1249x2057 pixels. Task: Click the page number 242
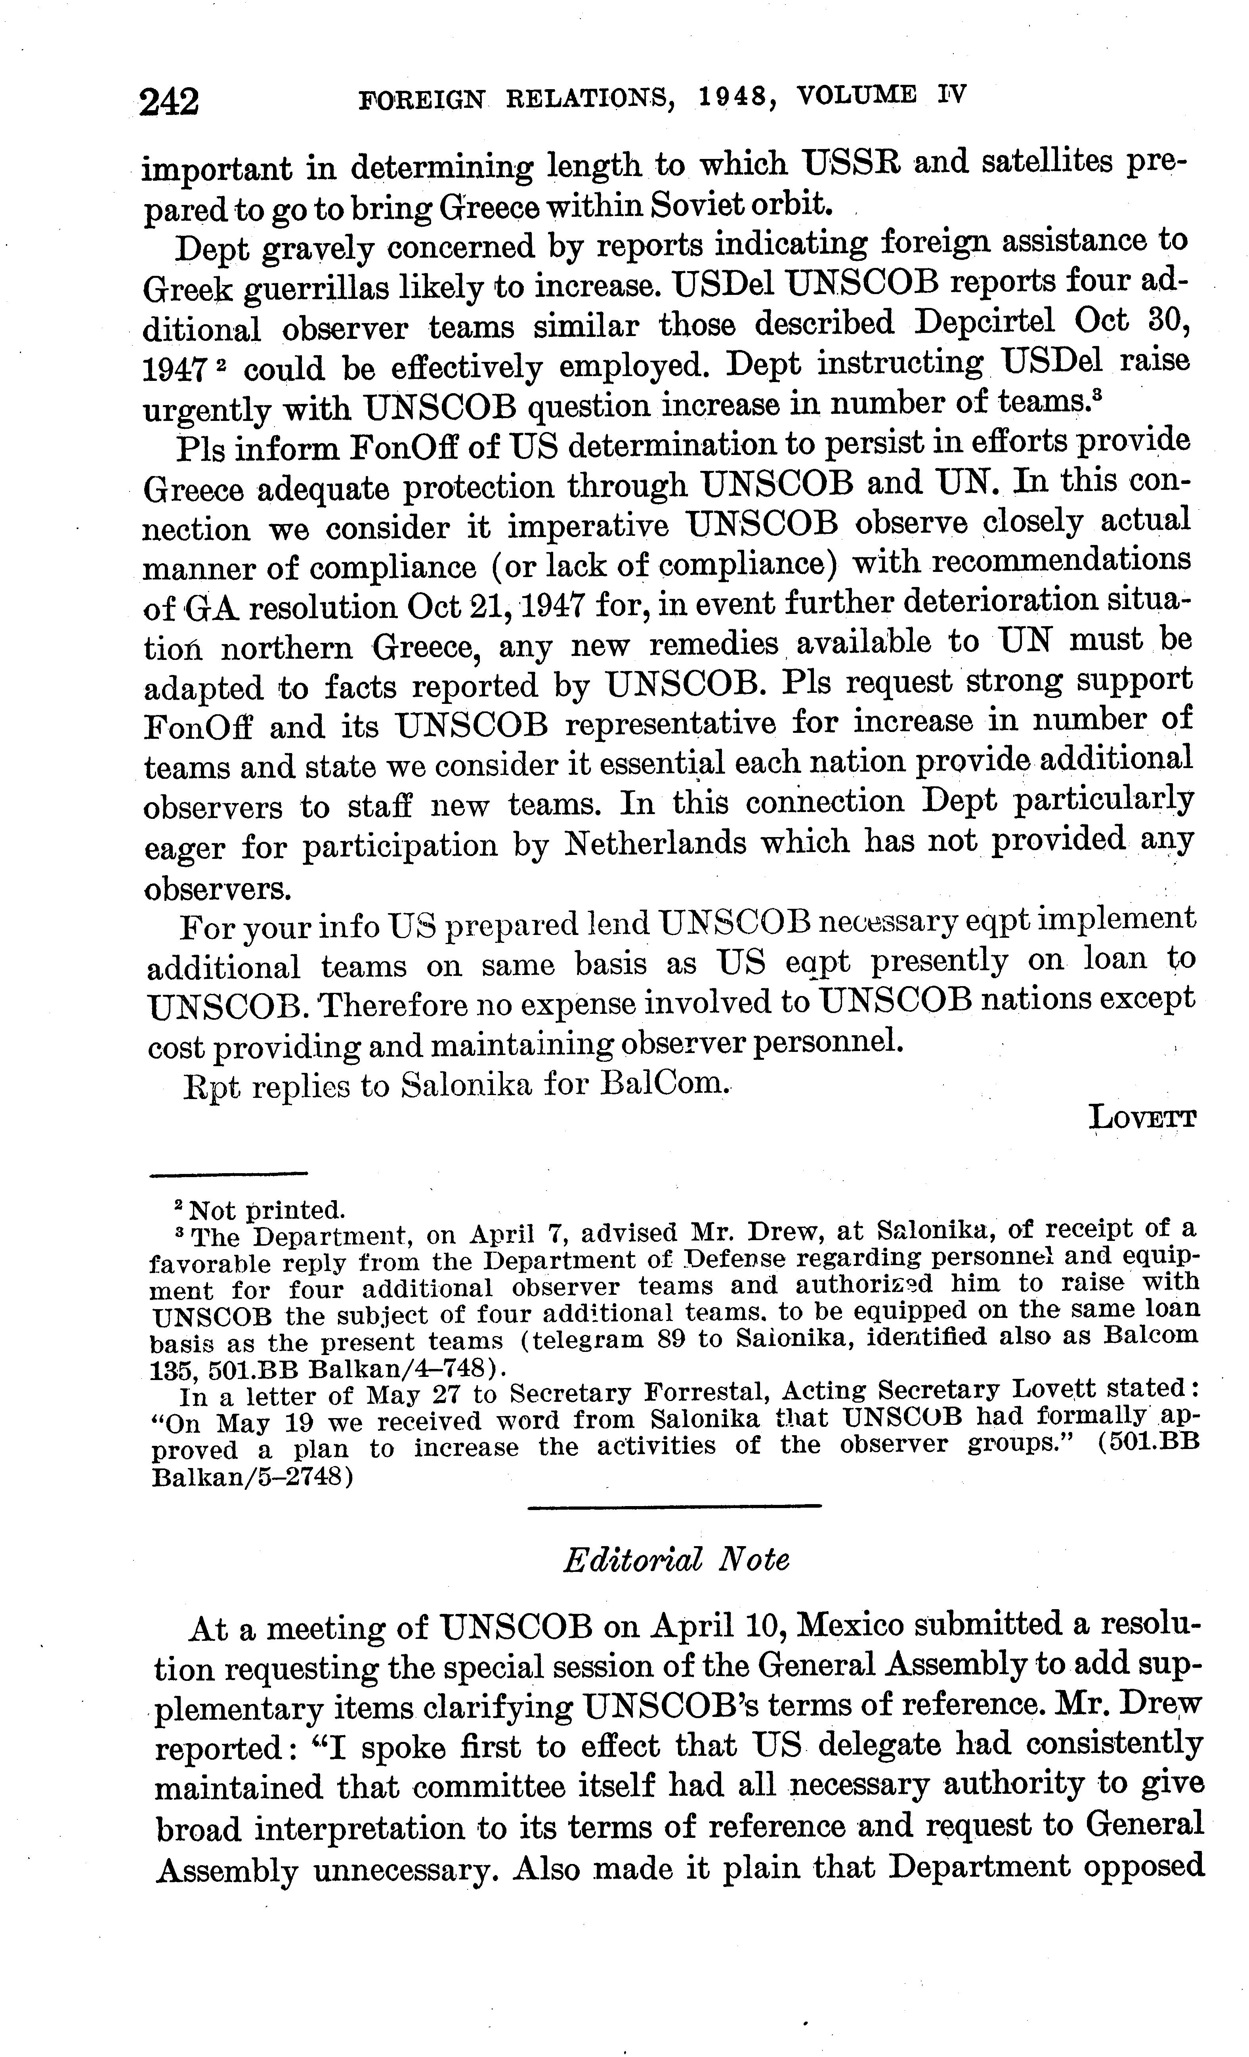click(170, 102)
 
